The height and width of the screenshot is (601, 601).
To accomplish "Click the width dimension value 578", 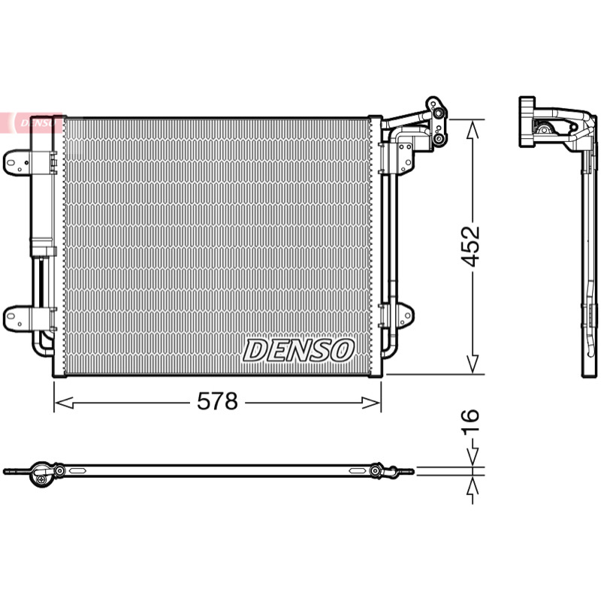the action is (217, 401).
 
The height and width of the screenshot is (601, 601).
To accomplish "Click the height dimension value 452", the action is (470, 246).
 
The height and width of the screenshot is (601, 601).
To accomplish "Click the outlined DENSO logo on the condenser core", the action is (298, 350).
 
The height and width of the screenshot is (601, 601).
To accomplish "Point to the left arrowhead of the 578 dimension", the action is (64, 403).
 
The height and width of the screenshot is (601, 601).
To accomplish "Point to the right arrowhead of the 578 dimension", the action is (371, 403).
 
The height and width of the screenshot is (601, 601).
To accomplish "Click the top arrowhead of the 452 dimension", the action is (473, 128).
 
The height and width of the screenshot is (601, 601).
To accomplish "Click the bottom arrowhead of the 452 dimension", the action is (473, 364).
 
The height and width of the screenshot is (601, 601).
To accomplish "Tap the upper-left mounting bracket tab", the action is (16, 163).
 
